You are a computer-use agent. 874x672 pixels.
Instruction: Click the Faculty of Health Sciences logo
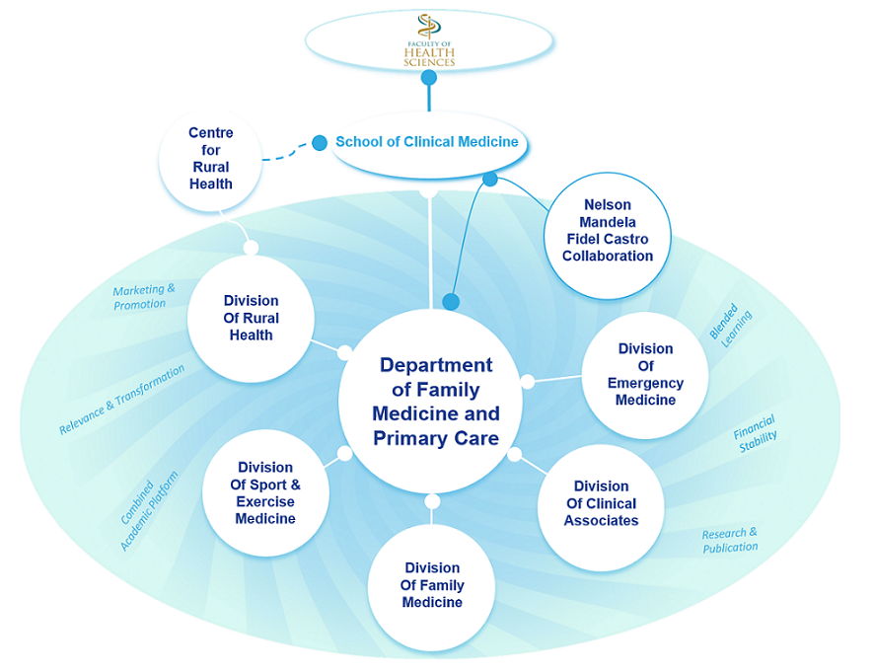coord(429,40)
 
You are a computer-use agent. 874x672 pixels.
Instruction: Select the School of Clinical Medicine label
coord(427,142)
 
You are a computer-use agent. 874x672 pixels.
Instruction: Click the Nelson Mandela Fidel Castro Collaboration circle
coord(608,235)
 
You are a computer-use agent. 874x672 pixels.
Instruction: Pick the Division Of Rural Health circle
coord(251,319)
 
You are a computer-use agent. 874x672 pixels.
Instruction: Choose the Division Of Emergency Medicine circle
coord(645,375)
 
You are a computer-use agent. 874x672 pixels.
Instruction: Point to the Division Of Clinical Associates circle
coord(601,507)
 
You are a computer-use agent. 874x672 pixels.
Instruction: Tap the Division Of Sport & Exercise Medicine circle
coord(265,493)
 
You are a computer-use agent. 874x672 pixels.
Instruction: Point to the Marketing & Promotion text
coord(144,297)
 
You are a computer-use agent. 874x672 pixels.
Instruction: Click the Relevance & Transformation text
coord(122,400)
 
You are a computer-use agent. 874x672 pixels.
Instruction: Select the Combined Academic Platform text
coord(149,511)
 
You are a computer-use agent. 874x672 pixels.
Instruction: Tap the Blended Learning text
coord(731,326)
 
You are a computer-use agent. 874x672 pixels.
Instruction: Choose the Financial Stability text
coord(756,434)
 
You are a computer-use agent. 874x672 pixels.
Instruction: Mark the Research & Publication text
coord(730,541)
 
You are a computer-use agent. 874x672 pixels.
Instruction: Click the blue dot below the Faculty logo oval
coord(429,78)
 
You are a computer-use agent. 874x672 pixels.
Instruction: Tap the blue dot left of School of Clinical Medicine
coord(320,143)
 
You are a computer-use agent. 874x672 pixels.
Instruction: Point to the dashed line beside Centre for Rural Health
coord(286,154)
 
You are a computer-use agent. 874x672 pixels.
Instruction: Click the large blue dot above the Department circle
coord(451,302)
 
